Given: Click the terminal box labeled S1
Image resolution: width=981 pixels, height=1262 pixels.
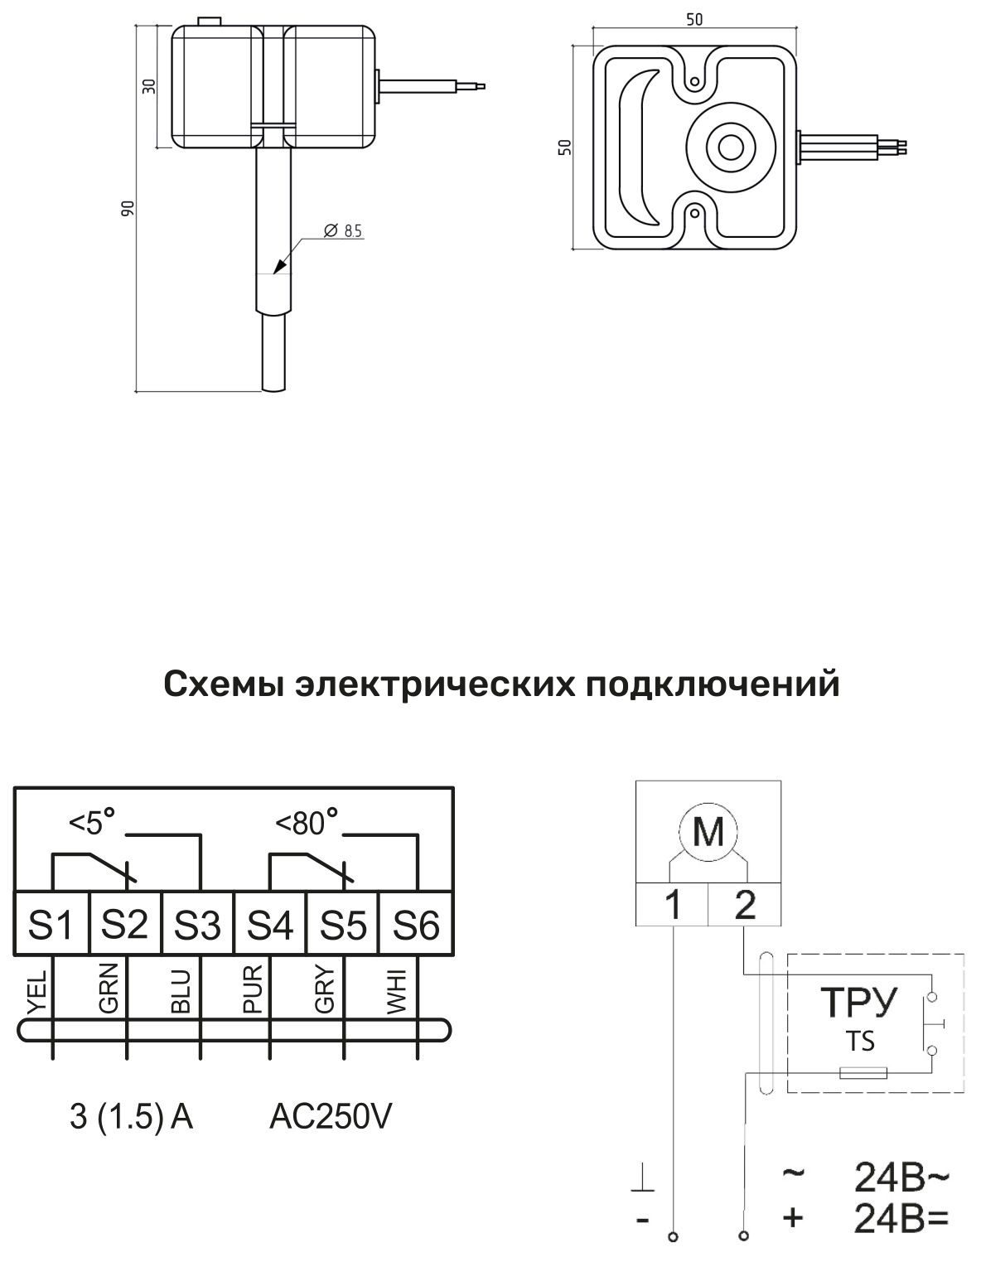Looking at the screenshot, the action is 52,922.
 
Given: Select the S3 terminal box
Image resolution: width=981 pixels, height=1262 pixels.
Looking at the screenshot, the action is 198,922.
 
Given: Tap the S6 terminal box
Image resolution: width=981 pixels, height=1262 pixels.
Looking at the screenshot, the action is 416,922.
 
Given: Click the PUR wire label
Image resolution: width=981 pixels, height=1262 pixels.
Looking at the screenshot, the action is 253,989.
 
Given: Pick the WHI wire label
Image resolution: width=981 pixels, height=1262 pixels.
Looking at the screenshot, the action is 399,991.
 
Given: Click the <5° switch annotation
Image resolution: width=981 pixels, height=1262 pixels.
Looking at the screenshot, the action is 92,821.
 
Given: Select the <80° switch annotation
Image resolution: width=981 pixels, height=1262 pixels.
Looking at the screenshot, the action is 307,821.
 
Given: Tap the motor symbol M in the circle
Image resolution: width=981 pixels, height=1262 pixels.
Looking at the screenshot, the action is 708,831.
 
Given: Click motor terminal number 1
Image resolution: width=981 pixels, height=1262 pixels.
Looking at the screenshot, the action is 673,904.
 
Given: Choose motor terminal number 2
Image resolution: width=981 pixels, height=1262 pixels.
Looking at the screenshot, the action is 745,904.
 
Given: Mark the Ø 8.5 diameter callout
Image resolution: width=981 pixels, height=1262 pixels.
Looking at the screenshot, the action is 342,230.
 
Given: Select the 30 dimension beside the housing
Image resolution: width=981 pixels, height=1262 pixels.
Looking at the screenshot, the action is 149,86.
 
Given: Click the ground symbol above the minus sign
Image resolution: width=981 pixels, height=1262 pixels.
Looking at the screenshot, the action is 643,1182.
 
